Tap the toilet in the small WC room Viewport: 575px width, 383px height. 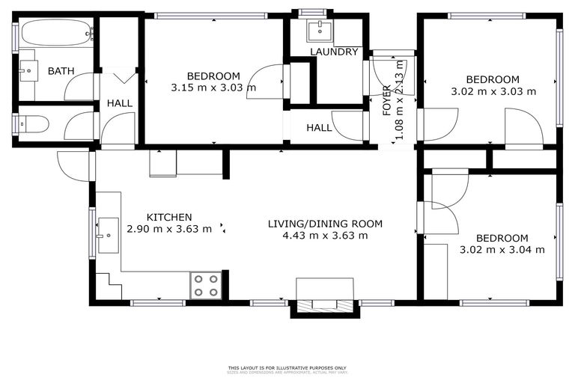[34, 123]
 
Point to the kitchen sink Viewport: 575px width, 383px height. [108, 235]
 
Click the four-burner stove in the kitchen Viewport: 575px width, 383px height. [206, 285]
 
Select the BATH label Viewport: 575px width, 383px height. [61, 71]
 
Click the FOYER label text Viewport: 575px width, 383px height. [387, 101]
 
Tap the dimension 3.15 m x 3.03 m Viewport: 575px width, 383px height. [213, 88]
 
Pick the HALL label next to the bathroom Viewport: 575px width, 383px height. [119, 102]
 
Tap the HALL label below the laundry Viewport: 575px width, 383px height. [319, 128]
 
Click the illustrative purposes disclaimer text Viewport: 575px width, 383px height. [287, 368]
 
